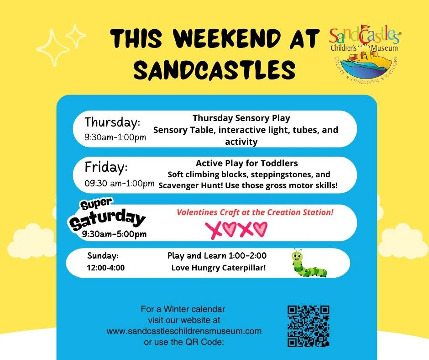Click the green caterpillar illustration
point(309,264)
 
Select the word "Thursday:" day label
point(112,122)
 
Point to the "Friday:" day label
point(105,167)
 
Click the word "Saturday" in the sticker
point(108,220)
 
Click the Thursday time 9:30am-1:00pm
point(115,138)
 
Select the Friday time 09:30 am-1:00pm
point(120,184)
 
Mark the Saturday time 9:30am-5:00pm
point(115,234)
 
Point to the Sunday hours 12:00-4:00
point(105,268)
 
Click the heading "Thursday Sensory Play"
point(241,118)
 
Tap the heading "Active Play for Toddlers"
point(247,164)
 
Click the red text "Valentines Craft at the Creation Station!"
point(255,212)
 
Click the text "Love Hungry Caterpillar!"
point(218,268)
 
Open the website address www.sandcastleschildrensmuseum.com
point(184,331)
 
